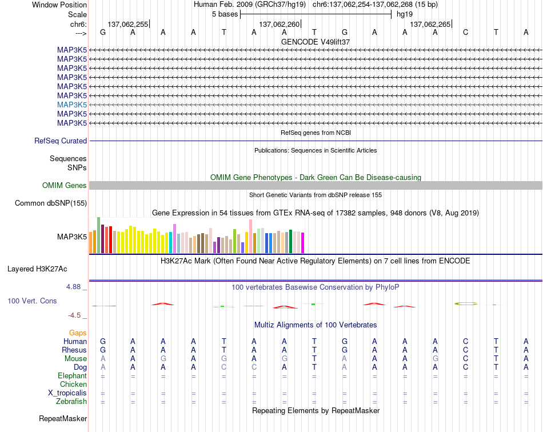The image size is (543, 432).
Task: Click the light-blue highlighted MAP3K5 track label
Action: (71, 105)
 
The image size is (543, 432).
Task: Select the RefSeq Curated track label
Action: (61, 141)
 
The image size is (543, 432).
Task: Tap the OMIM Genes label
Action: (64, 186)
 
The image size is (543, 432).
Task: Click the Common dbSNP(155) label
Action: (51, 203)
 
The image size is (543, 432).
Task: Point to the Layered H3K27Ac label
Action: (37, 269)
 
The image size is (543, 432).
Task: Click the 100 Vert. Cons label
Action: (32, 301)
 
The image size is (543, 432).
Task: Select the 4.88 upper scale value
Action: (73, 287)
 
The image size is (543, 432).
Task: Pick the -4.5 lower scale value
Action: (74, 315)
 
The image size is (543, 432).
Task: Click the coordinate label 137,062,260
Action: (279, 24)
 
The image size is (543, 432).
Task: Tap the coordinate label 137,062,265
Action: (430, 24)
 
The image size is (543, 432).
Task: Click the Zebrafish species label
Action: (71, 402)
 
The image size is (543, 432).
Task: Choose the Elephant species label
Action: (73, 376)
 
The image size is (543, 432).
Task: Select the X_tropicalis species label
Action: (67, 393)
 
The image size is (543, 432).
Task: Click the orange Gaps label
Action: (78, 333)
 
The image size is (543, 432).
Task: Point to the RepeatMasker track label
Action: (63, 419)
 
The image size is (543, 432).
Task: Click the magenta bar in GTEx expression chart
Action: (303, 243)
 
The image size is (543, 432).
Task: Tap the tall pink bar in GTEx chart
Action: (251, 237)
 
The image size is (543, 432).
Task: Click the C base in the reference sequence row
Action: (465, 32)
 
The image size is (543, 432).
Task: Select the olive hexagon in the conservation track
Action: (466, 303)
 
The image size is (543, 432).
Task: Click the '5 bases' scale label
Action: (225, 14)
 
